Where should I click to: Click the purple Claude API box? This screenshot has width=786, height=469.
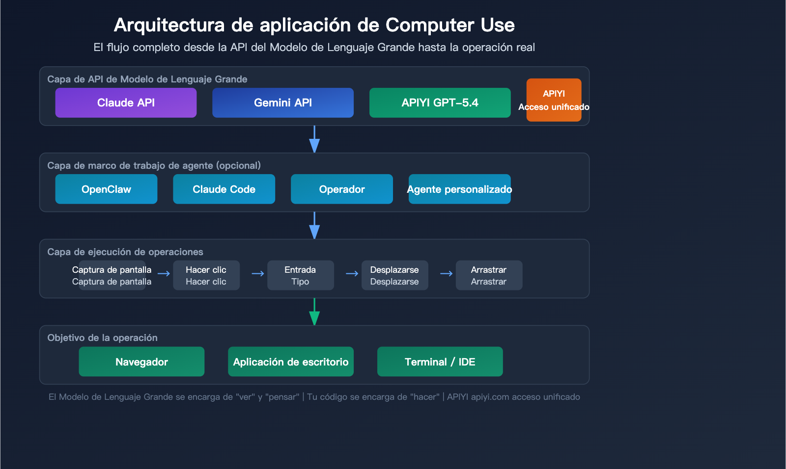pos(126,103)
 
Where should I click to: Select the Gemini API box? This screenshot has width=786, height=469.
pos(283,103)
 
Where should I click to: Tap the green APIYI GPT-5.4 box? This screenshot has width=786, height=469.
pos(440,103)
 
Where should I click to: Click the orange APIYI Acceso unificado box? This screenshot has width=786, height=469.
pos(554,100)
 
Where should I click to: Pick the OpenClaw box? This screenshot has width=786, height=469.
pos(106,189)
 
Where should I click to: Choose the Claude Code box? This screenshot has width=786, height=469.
pos(224,189)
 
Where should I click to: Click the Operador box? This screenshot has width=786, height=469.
pos(342,189)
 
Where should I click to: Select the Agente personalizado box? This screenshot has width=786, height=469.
pos(460,189)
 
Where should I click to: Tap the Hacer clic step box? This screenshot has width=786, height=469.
pos(206,275)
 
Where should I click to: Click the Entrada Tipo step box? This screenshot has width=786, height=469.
pos(301,275)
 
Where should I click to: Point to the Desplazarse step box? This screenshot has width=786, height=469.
pos(395,275)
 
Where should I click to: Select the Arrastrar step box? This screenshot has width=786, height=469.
pos(489,275)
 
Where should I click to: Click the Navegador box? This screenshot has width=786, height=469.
pos(141,362)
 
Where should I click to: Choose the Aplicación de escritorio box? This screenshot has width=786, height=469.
pos(291,362)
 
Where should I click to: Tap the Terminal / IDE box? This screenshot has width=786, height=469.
pos(440,362)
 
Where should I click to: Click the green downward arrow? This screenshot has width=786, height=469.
pos(314,313)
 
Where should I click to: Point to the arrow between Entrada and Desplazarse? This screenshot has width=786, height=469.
pos(352,274)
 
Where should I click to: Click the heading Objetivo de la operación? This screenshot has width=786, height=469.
pos(102,338)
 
